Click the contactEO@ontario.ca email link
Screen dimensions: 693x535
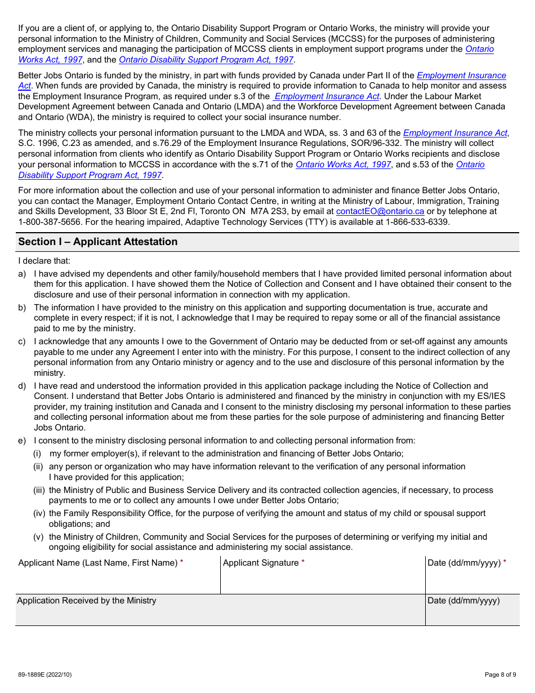click(x=380, y=211)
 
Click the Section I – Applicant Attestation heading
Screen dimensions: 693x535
click(x=97, y=242)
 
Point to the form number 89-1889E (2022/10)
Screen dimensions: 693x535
click(x=44, y=674)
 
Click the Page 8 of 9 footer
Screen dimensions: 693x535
click(x=500, y=674)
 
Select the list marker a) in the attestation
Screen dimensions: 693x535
click(x=22, y=274)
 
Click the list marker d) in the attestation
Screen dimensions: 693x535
click(x=22, y=386)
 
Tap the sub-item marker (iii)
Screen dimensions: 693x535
click(x=39, y=490)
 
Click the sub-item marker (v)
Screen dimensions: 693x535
click(x=38, y=537)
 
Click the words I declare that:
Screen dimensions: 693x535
click(x=44, y=261)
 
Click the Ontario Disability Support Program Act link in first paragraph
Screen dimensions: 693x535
click(x=206, y=60)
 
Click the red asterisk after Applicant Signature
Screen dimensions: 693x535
click(x=303, y=563)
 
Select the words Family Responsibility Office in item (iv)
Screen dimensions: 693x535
click(x=118, y=513)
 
